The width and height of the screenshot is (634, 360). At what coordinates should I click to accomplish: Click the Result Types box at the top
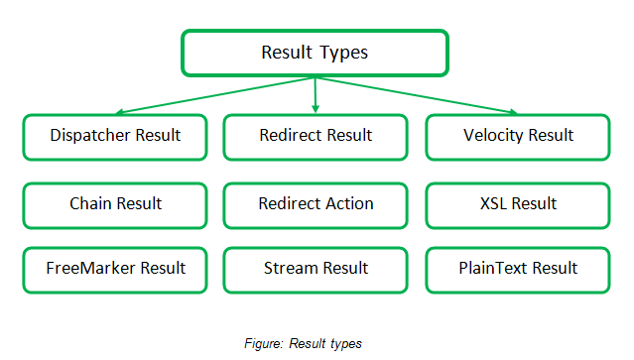click(315, 53)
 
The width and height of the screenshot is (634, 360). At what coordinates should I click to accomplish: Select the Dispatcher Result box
click(116, 136)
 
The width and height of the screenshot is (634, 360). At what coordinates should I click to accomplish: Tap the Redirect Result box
click(316, 136)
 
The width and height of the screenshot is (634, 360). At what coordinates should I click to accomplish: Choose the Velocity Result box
click(517, 136)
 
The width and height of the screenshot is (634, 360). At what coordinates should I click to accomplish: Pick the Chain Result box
click(116, 203)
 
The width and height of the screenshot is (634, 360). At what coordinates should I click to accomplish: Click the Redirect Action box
click(316, 203)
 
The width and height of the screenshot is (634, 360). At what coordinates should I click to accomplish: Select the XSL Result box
click(517, 203)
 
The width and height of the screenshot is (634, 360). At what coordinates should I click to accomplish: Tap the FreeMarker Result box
click(116, 269)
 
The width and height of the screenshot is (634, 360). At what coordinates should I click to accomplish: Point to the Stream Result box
click(316, 269)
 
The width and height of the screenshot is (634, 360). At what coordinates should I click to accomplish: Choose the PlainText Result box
click(517, 269)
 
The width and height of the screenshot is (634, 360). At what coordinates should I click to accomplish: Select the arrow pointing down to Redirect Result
click(316, 95)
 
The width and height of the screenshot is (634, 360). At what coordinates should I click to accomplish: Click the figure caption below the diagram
click(303, 344)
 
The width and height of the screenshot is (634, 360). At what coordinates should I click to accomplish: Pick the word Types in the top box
click(344, 53)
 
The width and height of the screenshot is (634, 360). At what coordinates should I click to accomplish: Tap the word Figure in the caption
click(263, 344)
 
